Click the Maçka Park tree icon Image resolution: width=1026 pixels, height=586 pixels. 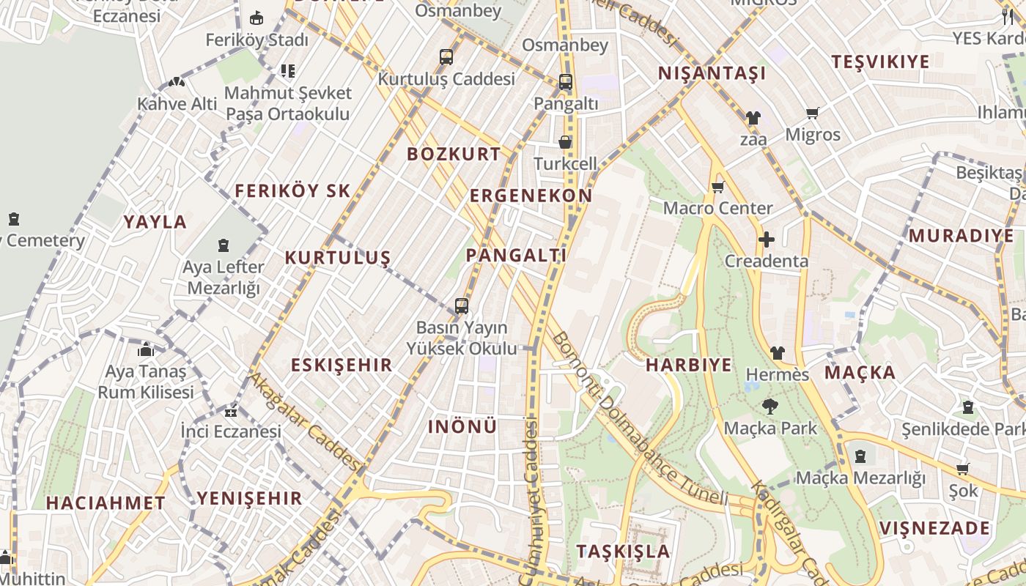click(x=769, y=407)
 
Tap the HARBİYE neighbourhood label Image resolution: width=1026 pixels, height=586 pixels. click(x=688, y=365)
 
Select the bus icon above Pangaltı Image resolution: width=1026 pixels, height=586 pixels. click(x=565, y=82)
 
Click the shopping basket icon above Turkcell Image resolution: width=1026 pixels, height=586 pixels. click(x=565, y=142)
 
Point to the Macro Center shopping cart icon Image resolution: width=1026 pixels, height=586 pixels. click(x=717, y=187)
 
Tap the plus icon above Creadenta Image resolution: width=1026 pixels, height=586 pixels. click(x=766, y=240)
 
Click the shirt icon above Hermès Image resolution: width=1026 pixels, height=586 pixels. click(x=777, y=353)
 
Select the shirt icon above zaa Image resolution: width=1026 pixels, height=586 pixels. click(x=753, y=117)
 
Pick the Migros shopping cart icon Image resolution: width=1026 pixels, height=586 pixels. click(x=812, y=113)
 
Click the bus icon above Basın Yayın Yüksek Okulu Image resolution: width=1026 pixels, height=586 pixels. click(x=461, y=305)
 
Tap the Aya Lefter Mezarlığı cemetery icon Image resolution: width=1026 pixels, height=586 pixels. click(x=224, y=245)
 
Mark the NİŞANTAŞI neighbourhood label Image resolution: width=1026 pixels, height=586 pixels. click(x=712, y=73)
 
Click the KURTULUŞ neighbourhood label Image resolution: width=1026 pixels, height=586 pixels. click(x=337, y=258)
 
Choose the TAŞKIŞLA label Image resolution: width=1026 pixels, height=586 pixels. click(x=623, y=551)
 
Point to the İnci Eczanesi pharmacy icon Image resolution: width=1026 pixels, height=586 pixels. click(x=231, y=411)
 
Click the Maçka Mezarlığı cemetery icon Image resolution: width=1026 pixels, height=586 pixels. click(x=860, y=456)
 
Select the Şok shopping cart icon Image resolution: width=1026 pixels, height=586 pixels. click(x=962, y=469)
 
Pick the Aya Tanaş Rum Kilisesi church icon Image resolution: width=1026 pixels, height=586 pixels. click(x=146, y=349)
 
